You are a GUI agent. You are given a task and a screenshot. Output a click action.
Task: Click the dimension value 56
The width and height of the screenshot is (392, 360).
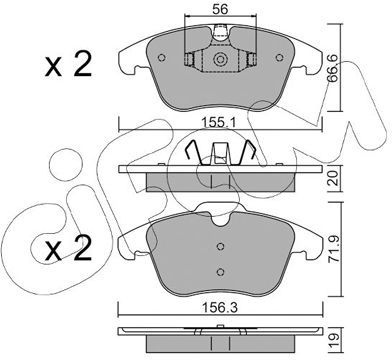(220, 9)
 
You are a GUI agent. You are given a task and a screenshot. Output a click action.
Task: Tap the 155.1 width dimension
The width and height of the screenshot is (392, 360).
(219, 123)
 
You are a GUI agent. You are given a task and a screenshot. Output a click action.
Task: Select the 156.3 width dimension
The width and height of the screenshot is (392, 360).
(220, 308)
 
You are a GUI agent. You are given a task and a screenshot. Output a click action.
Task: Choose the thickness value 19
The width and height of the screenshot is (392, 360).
(334, 341)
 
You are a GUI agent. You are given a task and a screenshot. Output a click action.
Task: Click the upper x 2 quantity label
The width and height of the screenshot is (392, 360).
(68, 65)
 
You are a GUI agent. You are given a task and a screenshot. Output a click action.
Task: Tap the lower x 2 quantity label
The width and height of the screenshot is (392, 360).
(68, 248)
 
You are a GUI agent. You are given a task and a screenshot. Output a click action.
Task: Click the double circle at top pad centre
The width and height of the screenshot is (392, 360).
(220, 60)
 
